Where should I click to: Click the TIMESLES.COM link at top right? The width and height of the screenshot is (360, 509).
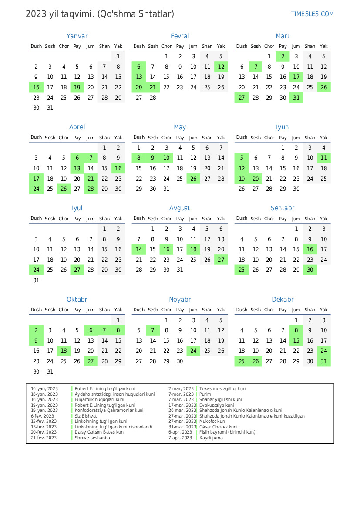click(x=312, y=14)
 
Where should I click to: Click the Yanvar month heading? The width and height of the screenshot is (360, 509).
click(x=77, y=36)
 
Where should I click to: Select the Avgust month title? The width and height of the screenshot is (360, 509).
click(x=180, y=208)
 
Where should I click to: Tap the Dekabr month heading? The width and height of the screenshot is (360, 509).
click(x=283, y=300)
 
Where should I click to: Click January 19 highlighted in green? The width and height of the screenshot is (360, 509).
click(x=77, y=88)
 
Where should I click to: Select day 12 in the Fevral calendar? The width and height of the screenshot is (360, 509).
click(x=221, y=67)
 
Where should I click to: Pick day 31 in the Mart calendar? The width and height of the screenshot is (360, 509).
click(x=296, y=98)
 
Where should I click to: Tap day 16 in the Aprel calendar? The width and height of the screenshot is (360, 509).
click(x=118, y=169)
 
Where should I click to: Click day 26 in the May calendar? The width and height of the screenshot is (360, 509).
click(x=194, y=179)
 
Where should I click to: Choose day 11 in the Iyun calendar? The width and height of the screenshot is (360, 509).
click(x=323, y=158)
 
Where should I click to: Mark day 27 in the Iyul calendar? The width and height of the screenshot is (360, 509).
click(x=77, y=270)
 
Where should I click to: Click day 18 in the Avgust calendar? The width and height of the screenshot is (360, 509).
click(x=194, y=249)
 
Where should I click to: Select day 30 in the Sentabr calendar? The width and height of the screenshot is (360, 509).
click(x=310, y=270)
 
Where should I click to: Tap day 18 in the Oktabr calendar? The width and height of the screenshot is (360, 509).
click(x=64, y=351)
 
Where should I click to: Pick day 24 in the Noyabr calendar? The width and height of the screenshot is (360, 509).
click(x=194, y=351)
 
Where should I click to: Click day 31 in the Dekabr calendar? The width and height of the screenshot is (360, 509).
click(x=323, y=361)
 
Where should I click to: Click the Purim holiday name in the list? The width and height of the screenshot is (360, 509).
click(x=205, y=394)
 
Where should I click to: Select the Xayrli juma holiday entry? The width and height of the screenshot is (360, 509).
click(x=211, y=438)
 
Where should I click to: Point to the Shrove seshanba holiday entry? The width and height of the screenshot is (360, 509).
click(x=92, y=438)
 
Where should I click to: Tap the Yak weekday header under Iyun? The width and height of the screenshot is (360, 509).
click(x=323, y=138)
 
